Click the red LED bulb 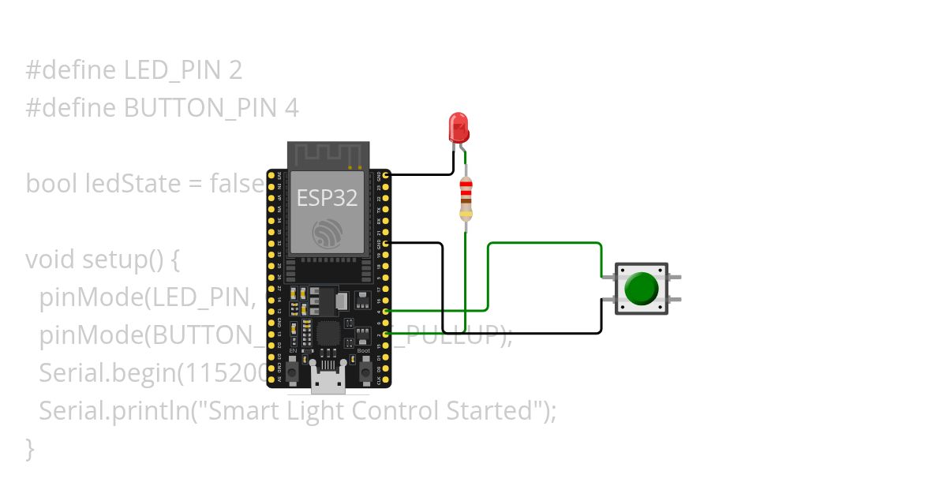(458, 126)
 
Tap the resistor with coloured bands (466, 198)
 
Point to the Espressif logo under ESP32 (327, 233)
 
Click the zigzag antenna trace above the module (328, 153)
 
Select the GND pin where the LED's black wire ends (386, 175)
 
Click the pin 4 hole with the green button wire (386, 312)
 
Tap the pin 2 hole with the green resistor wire (386, 334)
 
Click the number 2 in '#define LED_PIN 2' (235, 70)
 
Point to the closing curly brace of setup (31, 449)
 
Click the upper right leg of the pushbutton (676, 277)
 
